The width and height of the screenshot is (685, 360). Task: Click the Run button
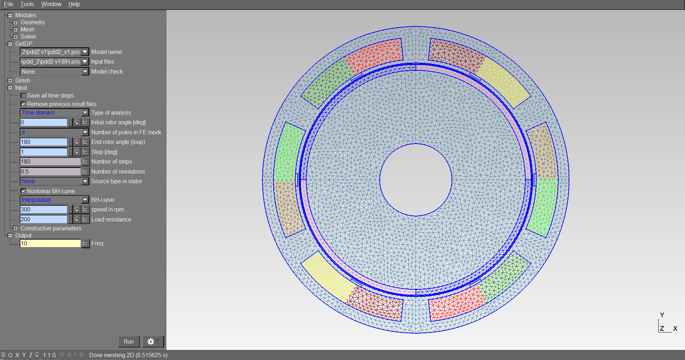(x=129, y=341)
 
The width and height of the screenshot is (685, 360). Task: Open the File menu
(x=8, y=4)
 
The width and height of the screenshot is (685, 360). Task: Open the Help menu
(x=74, y=4)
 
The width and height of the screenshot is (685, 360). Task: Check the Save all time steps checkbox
(x=23, y=96)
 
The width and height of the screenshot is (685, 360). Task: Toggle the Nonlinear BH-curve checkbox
(x=23, y=191)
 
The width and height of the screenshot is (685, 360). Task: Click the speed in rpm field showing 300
(x=44, y=209)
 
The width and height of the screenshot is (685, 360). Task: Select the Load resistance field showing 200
(x=44, y=219)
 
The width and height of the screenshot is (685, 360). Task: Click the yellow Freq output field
(x=50, y=243)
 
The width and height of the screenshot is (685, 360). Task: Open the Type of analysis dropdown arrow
(x=85, y=112)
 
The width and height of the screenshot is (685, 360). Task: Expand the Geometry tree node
(x=15, y=22)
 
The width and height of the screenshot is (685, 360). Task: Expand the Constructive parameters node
(x=15, y=228)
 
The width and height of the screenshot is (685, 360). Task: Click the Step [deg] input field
(x=44, y=152)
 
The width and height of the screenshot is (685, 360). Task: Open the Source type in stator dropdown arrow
(x=85, y=181)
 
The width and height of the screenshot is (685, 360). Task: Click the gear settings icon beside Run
(x=151, y=341)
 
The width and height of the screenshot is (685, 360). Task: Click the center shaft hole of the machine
(x=415, y=180)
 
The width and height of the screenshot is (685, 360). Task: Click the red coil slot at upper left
(x=375, y=55)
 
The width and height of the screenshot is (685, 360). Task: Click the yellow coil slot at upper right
(x=503, y=82)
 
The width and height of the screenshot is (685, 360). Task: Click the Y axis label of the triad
(x=662, y=315)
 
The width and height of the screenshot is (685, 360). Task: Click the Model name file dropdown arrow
(x=85, y=52)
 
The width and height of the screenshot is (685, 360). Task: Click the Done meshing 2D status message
(x=128, y=355)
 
